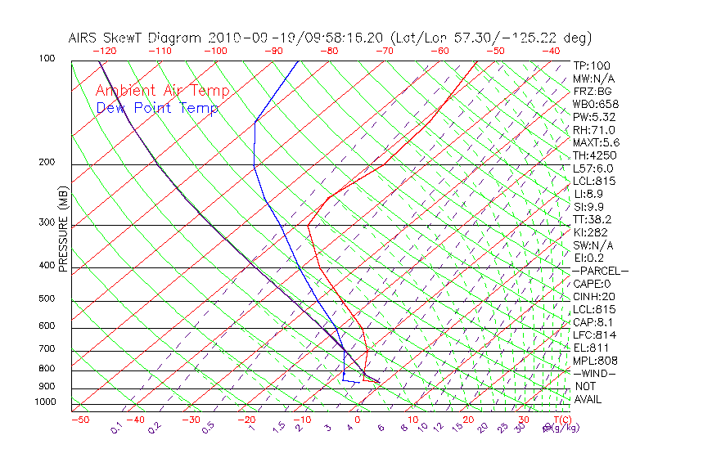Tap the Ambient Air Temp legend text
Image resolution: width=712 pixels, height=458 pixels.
(163, 91)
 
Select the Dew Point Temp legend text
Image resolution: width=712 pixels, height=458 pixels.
(157, 108)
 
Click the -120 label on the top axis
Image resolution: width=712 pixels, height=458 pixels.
(104, 51)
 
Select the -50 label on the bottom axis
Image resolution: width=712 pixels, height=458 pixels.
(79, 420)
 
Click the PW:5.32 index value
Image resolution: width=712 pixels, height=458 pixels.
(593, 117)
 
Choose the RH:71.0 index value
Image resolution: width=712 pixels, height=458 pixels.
(593, 130)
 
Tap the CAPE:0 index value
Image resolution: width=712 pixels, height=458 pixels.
(592, 284)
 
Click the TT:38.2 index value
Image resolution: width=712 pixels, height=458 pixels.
(593, 219)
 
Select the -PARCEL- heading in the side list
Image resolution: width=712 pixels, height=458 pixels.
(600, 271)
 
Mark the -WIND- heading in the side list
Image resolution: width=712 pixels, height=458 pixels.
(594, 373)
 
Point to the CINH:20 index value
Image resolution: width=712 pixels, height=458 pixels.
(594, 296)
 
